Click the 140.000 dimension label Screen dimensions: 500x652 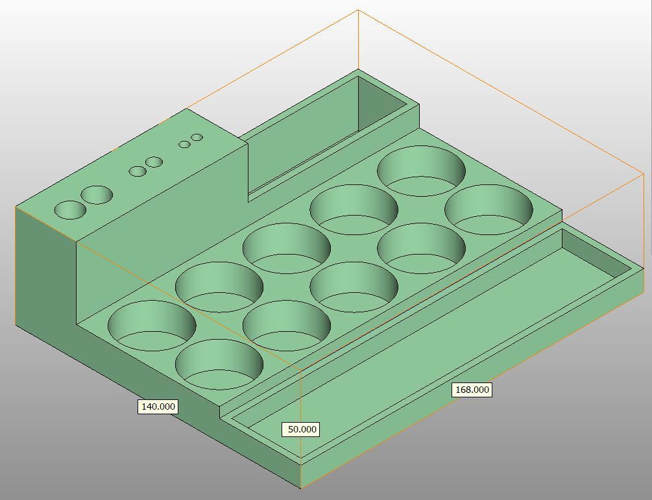pos(158,406)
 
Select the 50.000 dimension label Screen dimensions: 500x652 pos(302,429)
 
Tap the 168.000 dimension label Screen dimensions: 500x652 pos(472,390)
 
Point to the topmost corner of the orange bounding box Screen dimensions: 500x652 pos(358,10)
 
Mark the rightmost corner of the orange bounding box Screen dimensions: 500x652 pos(643,174)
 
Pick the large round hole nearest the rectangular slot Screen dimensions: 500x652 pos(421,170)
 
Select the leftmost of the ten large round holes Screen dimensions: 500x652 pos(152,325)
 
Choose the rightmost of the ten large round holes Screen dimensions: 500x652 pos(489,209)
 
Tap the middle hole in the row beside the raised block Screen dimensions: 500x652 pos(286,247)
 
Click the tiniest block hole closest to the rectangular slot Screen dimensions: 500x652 pos(197,138)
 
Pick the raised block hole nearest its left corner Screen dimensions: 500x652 pos(70,210)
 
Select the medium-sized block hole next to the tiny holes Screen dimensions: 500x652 pos(154,162)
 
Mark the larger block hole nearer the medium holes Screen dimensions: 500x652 pos(97,195)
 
